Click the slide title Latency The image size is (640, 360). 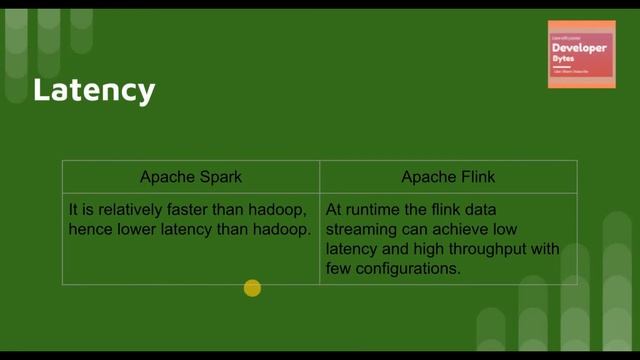click(94, 90)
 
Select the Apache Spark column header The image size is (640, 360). click(191, 177)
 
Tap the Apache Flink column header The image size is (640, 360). click(448, 177)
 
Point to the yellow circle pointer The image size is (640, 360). click(252, 289)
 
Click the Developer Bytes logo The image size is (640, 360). click(581, 54)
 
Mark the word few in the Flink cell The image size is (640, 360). click(338, 269)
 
